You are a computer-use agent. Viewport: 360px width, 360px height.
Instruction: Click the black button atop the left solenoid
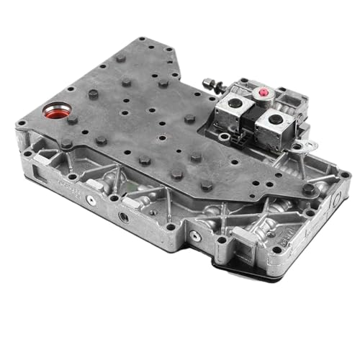[x=233, y=105]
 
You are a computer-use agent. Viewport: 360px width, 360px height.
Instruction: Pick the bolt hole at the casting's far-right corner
[x=344, y=176]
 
